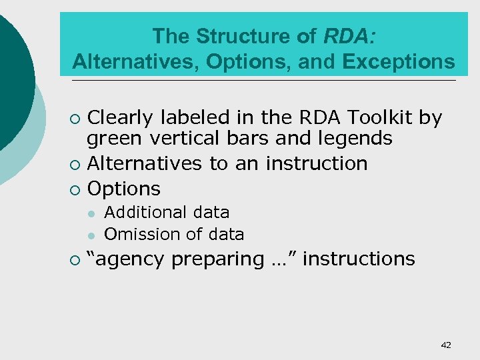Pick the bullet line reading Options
pos(124,189)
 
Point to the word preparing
pos(217,259)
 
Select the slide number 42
pos(446,345)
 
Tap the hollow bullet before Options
pos(75,190)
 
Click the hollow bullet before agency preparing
pos(75,260)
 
